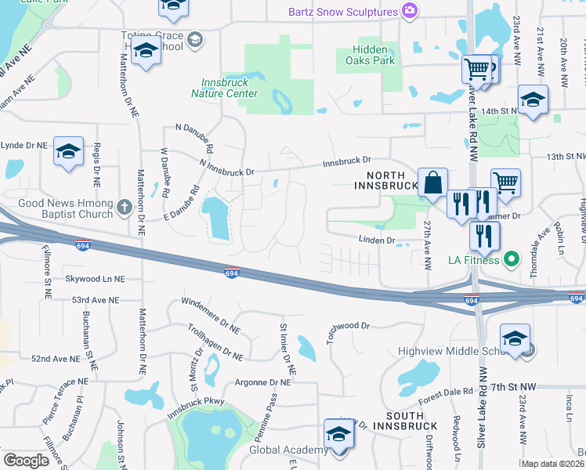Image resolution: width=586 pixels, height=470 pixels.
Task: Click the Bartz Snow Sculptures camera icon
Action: point(409,11)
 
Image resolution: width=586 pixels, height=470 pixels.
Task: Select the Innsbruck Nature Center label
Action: point(224,88)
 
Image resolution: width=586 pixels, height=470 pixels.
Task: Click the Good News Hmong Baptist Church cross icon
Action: point(124,208)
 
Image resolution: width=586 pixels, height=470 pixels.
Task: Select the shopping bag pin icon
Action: point(432,183)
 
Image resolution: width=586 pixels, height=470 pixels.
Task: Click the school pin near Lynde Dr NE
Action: point(68,151)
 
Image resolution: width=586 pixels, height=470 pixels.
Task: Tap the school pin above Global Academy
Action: point(339,433)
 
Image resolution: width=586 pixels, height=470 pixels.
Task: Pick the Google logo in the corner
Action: point(26,460)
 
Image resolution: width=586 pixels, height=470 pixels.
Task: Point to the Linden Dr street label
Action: point(377,240)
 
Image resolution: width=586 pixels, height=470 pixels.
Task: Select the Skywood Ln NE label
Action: point(95,278)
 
